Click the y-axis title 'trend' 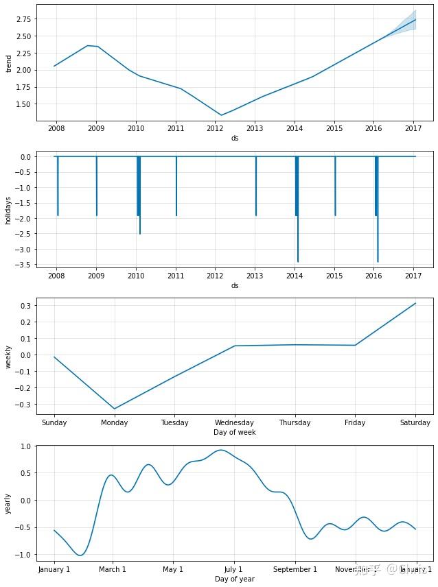(9, 63)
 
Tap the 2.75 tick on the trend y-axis (22, 19)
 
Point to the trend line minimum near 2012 (221, 115)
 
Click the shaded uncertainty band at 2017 (415, 20)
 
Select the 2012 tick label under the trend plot (215, 128)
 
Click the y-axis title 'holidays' (9, 209)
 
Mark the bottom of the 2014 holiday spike (298, 261)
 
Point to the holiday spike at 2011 (176, 215)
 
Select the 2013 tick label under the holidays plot (255, 276)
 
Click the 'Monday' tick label (115, 423)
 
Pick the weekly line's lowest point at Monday (115, 409)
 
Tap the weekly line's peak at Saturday (415, 303)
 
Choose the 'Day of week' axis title (235, 433)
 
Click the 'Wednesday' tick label (235, 423)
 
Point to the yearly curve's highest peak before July (220, 450)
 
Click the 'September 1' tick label (295, 570)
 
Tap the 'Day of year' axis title (235, 579)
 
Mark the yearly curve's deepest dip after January (81, 555)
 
